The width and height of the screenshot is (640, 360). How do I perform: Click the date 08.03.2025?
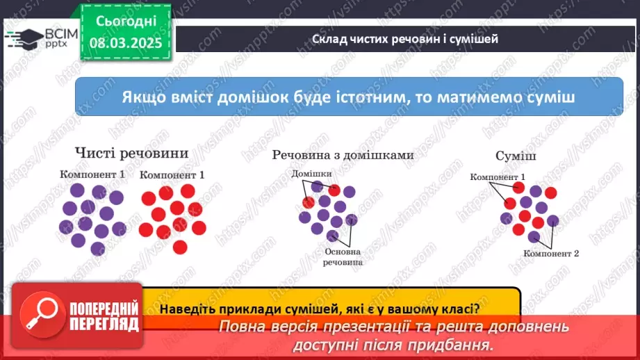click(126, 43)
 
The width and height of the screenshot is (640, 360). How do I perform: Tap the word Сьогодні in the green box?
click(126, 22)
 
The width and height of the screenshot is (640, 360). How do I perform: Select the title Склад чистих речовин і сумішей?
click(405, 39)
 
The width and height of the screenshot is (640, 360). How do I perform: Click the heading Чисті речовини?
click(131, 153)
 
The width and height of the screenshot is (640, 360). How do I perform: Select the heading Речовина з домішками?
click(343, 155)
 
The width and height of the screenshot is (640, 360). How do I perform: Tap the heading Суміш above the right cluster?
click(516, 156)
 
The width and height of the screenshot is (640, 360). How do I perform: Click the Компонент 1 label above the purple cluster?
click(92, 174)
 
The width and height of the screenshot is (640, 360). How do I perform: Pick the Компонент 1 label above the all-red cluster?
click(172, 175)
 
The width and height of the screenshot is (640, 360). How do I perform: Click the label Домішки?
click(311, 174)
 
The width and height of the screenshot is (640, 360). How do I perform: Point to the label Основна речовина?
click(343, 257)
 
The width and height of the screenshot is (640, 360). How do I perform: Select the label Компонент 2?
click(551, 254)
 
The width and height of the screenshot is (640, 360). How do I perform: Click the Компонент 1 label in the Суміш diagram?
click(498, 177)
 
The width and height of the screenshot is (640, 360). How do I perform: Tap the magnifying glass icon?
click(42, 314)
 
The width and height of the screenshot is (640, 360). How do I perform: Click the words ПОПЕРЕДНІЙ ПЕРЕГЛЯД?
click(104, 316)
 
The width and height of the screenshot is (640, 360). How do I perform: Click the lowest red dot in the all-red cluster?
click(180, 247)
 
